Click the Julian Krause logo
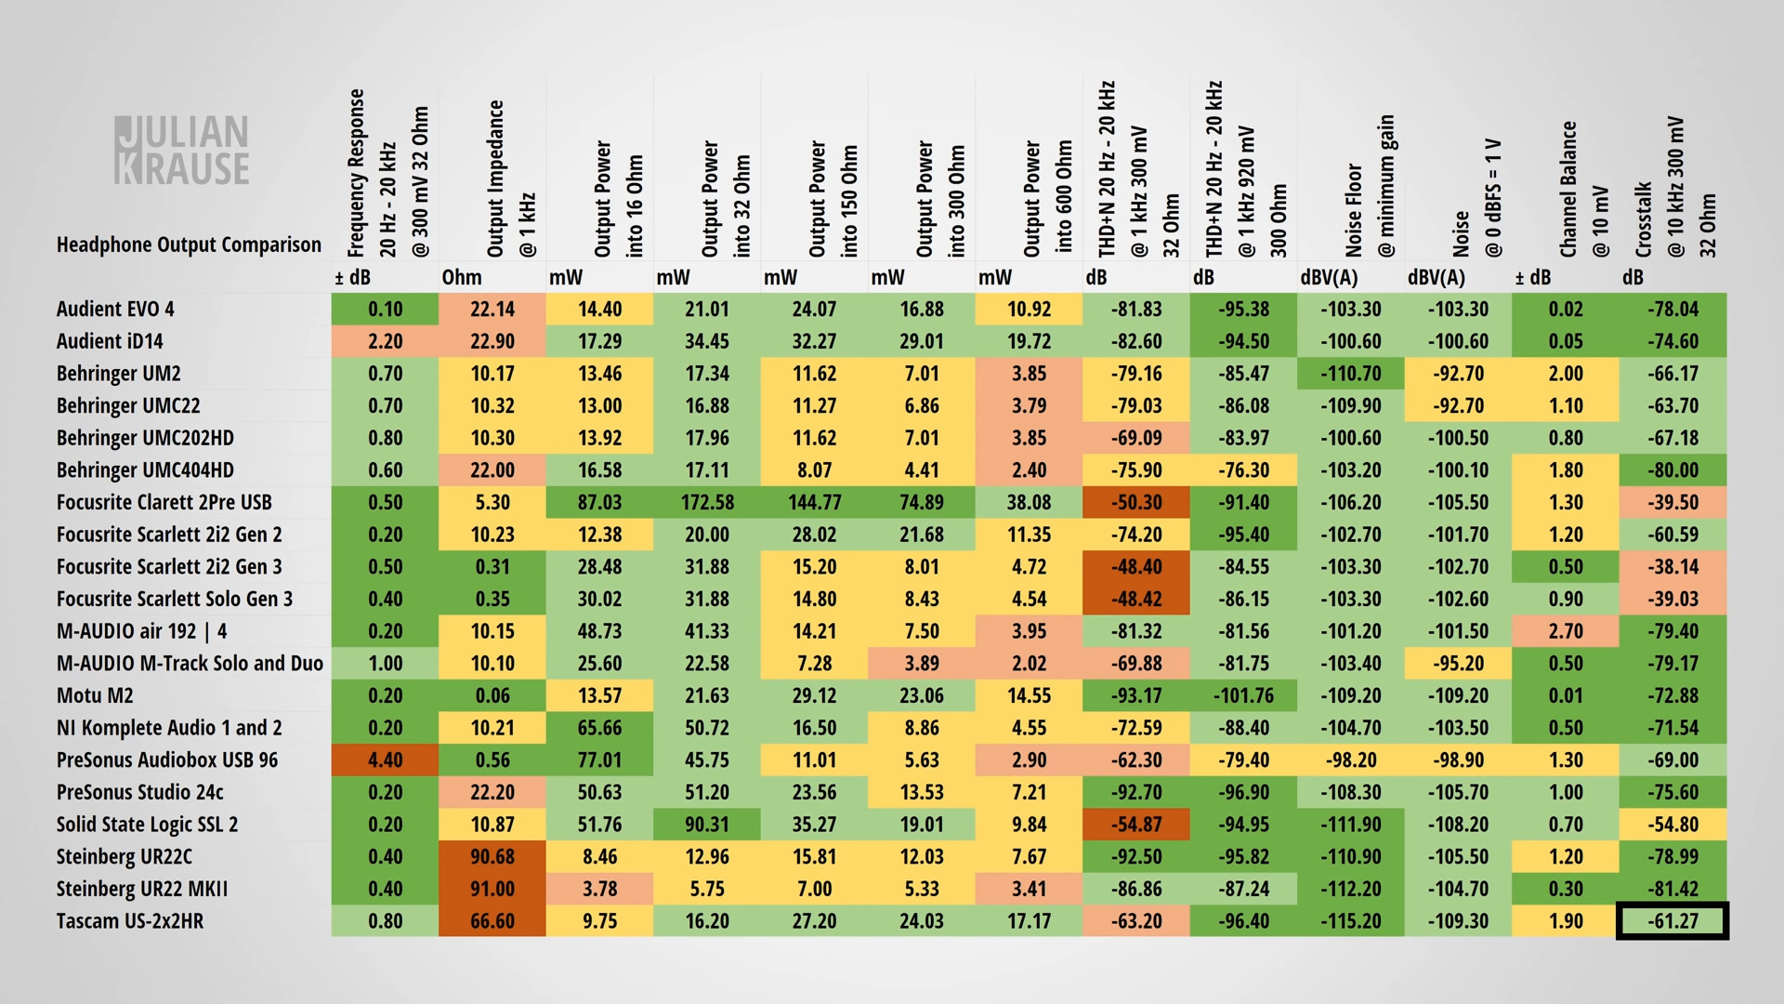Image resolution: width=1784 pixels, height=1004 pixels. [182, 150]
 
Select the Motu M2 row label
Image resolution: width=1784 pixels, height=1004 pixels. [95, 695]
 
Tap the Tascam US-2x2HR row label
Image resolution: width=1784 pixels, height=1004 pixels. [130, 921]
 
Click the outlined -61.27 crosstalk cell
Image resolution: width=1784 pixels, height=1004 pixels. [1672, 921]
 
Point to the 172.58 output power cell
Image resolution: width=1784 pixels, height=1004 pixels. [707, 503]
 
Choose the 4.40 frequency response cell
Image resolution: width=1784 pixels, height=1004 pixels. [385, 760]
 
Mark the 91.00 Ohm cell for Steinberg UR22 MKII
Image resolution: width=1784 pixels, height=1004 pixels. [492, 889]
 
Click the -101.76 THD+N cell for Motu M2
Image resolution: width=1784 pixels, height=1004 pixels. [1243, 695]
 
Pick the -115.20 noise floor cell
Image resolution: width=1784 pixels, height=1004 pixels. [1351, 921]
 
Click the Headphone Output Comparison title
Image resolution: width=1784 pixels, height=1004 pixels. [189, 244]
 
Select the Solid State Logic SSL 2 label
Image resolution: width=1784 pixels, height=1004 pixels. [147, 825]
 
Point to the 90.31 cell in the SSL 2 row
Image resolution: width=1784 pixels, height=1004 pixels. [707, 825]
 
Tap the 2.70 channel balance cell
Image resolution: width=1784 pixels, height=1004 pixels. [1566, 631]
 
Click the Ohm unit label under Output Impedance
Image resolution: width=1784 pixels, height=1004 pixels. [462, 277]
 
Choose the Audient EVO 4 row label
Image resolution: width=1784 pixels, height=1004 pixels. [115, 309]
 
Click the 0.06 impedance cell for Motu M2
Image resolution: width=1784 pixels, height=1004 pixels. [492, 695]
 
